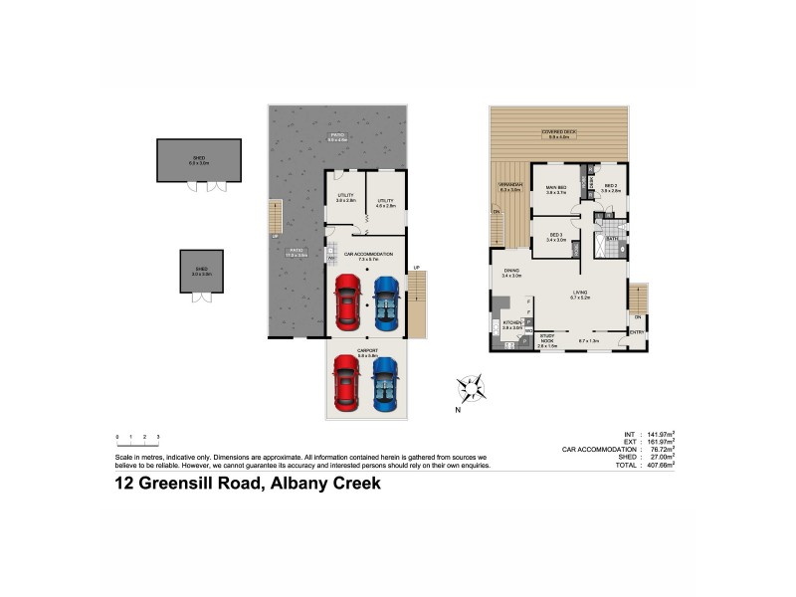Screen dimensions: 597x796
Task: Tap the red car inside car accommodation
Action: click(x=346, y=301)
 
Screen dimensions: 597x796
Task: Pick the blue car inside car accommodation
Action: click(x=385, y=301)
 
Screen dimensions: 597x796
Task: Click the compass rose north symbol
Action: click(x=472, y=386)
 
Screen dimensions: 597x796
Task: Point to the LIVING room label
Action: click(x=580, y=293)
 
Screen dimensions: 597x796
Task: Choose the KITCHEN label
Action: click(x=512, y=323)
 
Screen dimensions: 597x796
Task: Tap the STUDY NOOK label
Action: click(x=547, y=339)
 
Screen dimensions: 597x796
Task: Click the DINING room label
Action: click(x=511, y=271)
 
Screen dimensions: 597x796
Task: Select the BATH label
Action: click(x=612, y=239)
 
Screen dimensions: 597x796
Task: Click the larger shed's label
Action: click(x=199, y=159)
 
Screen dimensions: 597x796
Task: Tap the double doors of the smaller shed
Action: click(x=202, y=296)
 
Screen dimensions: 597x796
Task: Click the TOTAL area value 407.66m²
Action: click(x=658, y=464)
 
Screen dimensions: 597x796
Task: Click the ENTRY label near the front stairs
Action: click(x=636, y=332)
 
